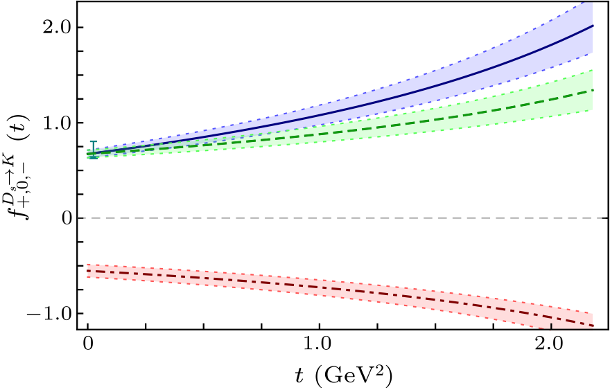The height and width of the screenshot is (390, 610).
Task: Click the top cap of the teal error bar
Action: tap(94, 141)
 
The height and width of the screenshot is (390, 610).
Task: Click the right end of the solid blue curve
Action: tap(593, 26)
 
